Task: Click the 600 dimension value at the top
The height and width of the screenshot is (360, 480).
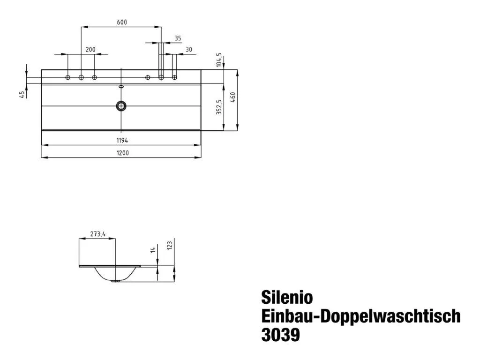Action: (x=122, y=22)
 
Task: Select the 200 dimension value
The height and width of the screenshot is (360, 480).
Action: (x=90, y=49)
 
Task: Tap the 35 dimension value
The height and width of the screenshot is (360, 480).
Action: (x=178, y=38)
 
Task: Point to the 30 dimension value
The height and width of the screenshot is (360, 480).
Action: (x=188, y=49)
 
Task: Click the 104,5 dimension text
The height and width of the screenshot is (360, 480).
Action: (x=218, y=61)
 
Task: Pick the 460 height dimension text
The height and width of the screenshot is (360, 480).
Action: (x=232, y=99)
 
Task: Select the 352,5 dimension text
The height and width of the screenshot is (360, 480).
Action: (x=218, y=107)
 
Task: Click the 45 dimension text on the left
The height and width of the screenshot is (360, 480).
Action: (x=22, y=95)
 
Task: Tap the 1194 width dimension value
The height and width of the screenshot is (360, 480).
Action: (x=122, y=140)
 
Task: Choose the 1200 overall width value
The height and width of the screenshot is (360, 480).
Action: (x=122, y=153)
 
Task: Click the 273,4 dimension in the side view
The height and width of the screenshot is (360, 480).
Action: (x=97, y=234)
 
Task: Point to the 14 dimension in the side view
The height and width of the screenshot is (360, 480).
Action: (x=153, y=250)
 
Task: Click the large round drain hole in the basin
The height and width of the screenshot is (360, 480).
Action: (x=121, y=105)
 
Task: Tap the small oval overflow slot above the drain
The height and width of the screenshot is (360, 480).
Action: (x=121, y=87)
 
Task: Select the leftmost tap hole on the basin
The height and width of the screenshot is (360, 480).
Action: (x=68, y=77)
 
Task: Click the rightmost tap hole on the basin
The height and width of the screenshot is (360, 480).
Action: (x=175, y=77)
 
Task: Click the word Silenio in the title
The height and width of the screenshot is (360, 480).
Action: (x=286, y=297)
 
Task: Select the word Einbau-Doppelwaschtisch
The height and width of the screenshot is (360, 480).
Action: (x=360, y=316)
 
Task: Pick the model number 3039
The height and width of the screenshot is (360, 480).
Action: (x=280, y=335)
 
